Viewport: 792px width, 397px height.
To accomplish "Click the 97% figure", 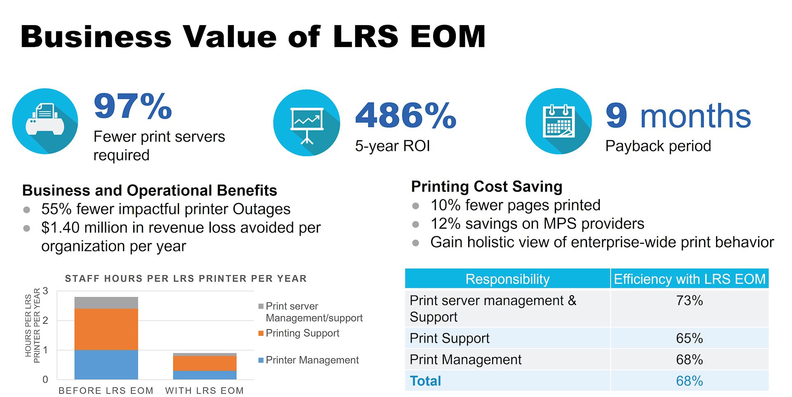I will pyautogui.click(x=132, y=106).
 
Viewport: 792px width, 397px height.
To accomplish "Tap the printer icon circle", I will pyautogui.click(x=45, y=121).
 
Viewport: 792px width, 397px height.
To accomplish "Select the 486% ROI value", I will pyautogui.click(x=405, y=115).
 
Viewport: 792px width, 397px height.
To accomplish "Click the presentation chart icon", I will pyautogui.click(x=306, y=123).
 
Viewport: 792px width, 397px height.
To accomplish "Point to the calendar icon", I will pyautogui.click(x=559, y=121).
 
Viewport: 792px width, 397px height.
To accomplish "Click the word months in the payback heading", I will pyautogui.click(x=695, y=116).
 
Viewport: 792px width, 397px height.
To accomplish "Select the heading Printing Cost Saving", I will pyautogui.click(x=486, y=186).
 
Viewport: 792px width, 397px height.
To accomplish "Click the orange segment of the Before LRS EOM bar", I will pyautogui.click(x=106, y=329).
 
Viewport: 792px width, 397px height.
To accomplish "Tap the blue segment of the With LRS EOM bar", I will pyautogui.click(x=205, y=375).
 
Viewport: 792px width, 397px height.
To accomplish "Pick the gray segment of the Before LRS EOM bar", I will pyautogui.click(x=106, y=303).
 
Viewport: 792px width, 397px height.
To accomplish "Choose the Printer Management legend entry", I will pyautogui.click(x=311, y=360).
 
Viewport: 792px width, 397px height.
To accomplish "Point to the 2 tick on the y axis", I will pyautogui.click(x=45, y=320).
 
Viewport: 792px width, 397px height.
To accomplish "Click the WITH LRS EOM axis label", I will pyautogui.click(x=204, y=390).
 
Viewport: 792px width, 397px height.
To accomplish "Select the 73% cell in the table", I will pyautogui.click(x=689, y=301).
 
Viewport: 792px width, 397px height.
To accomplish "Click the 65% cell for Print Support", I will pyautogui.click(x=689, y=338).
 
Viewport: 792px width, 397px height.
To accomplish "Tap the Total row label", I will pyautogui.click(x=425, y=381).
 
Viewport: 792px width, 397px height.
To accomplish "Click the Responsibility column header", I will pyautogui.click(x=507, y=279).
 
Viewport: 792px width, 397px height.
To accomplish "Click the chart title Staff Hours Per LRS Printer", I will pyautogui.click(x=186, y=279).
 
